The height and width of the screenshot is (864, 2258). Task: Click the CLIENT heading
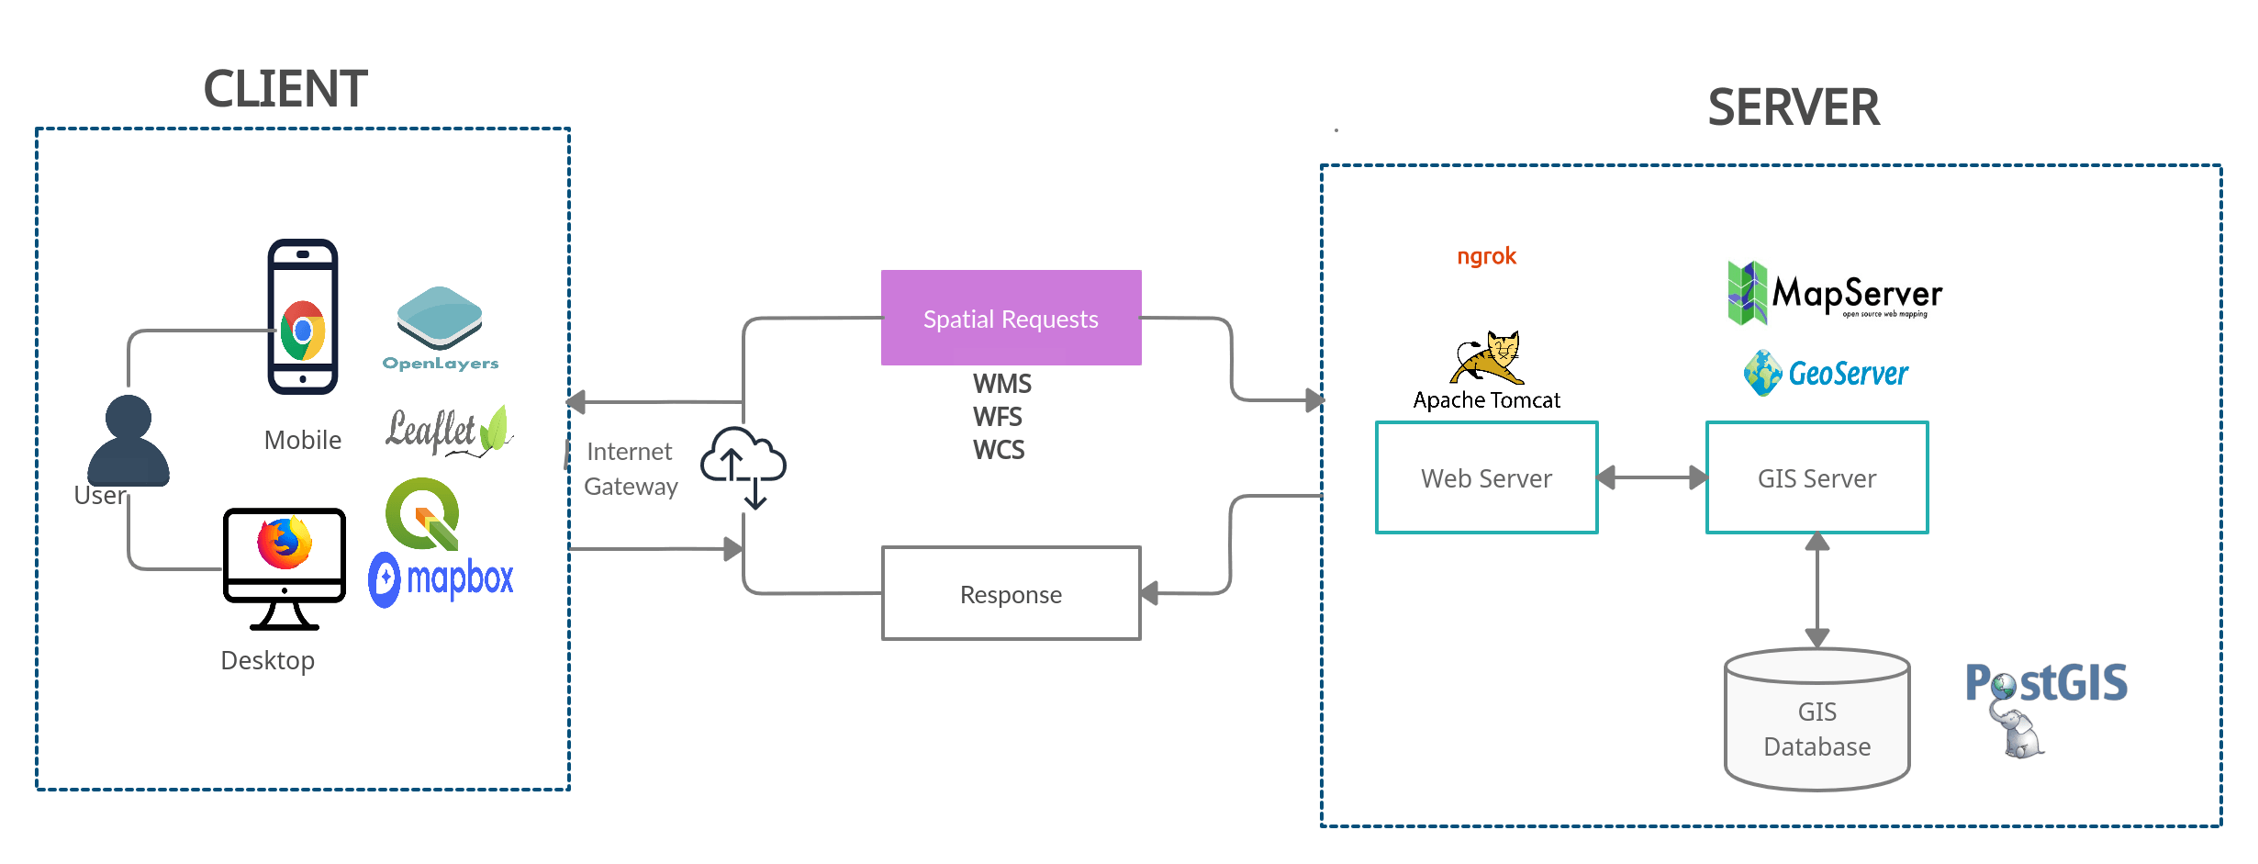click(x=286, y=88)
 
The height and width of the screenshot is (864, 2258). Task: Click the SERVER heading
click(x=1794, y=107)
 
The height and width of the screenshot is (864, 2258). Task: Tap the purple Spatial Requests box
click(x=1011, y=318)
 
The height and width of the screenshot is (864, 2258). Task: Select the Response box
click(x=1011, y=594)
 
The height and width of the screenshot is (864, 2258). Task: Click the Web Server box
click(x=1486, y=477)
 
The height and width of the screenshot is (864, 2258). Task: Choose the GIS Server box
click(x=1816, y=477)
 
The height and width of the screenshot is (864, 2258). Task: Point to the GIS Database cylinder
click(x=1816, y=721)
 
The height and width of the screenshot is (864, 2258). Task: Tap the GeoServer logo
click(x=1826, y=373)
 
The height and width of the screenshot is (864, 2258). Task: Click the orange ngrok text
click(x=1486, y=256)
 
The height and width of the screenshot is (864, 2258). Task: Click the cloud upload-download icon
click(x=743, y=467)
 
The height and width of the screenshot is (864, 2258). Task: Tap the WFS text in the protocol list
click(x=997, y=416)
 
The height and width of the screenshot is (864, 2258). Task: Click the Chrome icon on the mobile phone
click(x=303, y=331)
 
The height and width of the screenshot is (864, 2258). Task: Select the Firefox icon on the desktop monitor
click(x=285, y=543)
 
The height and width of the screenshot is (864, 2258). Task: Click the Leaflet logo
click(x=448, y=430)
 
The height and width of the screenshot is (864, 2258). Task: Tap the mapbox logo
click(x=442, y=579)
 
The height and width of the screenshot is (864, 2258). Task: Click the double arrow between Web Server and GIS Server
click(x=1651, y=477)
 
